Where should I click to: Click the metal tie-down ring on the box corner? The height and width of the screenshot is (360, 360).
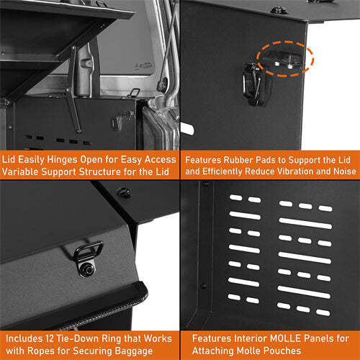[90, 252]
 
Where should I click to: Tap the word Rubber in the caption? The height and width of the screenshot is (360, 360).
[248, 159]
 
